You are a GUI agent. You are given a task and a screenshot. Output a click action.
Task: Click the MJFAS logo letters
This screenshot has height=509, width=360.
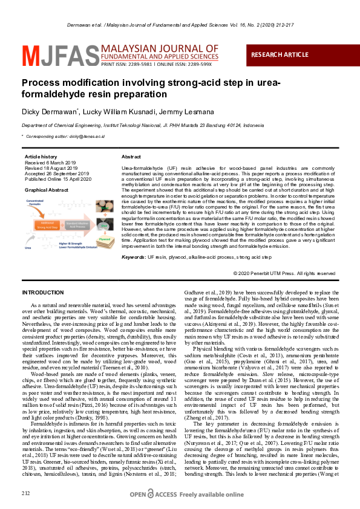[x=53, y=56]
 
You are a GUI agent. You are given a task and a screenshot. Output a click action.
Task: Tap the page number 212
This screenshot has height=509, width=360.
[x=25, y=494]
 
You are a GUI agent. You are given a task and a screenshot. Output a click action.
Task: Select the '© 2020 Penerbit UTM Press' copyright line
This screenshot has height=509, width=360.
[x=284, y=273]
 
